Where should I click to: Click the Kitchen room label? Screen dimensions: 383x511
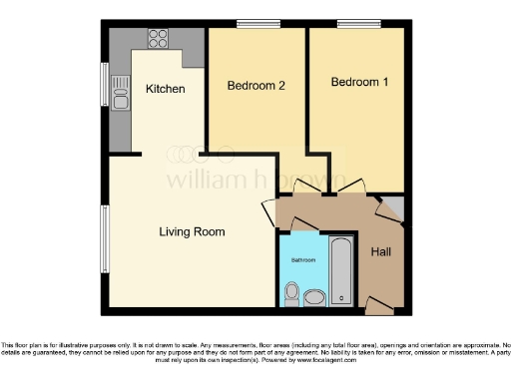click(166, 89)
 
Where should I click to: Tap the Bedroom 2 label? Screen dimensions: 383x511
click(256, 86)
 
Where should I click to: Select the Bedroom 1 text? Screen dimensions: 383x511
click(360, 82)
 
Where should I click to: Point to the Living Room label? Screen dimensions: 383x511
click(192, 231)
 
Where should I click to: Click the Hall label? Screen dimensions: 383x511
click(380, 253)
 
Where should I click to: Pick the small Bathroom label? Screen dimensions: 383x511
click(302, 259)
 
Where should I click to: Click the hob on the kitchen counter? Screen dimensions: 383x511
click(159, 40)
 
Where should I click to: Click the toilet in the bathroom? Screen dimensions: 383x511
click(290, 292)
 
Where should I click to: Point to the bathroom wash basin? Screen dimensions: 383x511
click(314, 296)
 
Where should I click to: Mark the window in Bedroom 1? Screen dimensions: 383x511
click(355, 25)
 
